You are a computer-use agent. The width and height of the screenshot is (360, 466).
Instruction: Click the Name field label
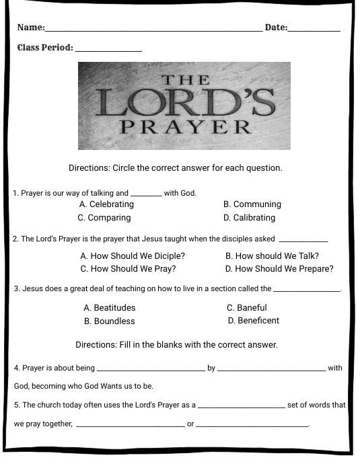click(x=30, y=28)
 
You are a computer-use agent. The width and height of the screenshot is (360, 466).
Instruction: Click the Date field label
click(x=276, y=28)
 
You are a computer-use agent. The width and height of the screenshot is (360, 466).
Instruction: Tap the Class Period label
click(x=45, y=48)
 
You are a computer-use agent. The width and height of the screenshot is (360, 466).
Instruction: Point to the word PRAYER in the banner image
click(x=185, y=126)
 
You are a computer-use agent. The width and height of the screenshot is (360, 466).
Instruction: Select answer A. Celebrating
click(x=106, y=204)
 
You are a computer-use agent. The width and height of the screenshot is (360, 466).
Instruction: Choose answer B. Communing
click(x=252, y=204)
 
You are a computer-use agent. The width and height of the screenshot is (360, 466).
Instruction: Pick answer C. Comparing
click(x=104, y=218)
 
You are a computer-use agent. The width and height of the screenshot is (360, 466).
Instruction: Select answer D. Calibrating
click(x=249, y=218)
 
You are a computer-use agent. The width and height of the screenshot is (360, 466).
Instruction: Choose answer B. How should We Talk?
click(x=272, y=256)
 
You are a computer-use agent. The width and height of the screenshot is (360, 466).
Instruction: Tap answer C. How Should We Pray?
click(x=128, y=269)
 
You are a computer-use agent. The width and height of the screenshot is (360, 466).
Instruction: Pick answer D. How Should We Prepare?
click(x=279, y=269)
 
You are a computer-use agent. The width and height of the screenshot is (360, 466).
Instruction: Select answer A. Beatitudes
click(x=110, y=308)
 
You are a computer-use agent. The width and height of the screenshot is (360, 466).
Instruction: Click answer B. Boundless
click(x=110, y=321)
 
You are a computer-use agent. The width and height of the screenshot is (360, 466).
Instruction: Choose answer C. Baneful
click(x=247, y=308)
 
